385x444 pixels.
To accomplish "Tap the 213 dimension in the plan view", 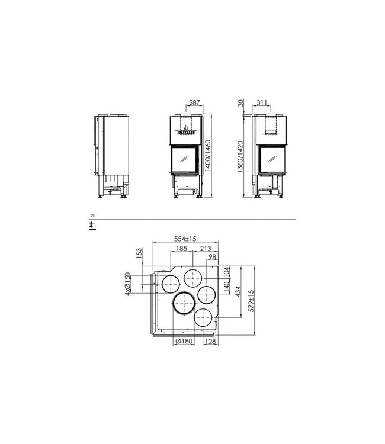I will coord(206,249).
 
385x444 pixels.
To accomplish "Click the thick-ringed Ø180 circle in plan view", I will coord(185,304).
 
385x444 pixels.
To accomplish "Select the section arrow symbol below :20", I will coord(91,226).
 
